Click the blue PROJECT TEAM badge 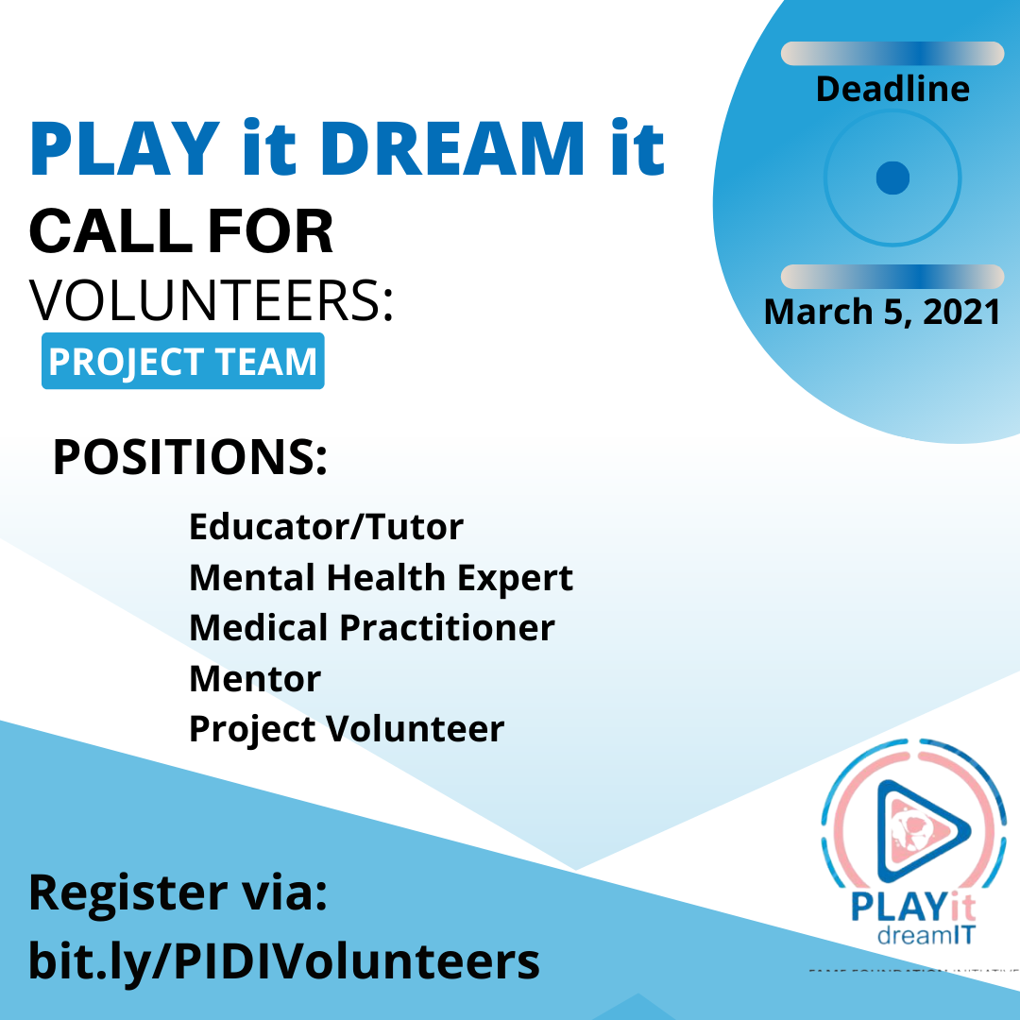point(183,362)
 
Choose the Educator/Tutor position point(327,526)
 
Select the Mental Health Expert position point(381,577)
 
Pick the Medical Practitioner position point(372,628)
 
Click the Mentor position point(255,679)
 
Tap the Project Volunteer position point(347,729)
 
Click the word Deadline point(892,89)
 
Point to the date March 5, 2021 point(882,311)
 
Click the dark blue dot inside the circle point(892,177)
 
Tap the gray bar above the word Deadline point(892,54)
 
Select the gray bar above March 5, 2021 point(892,277)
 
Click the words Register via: point(178,892)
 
